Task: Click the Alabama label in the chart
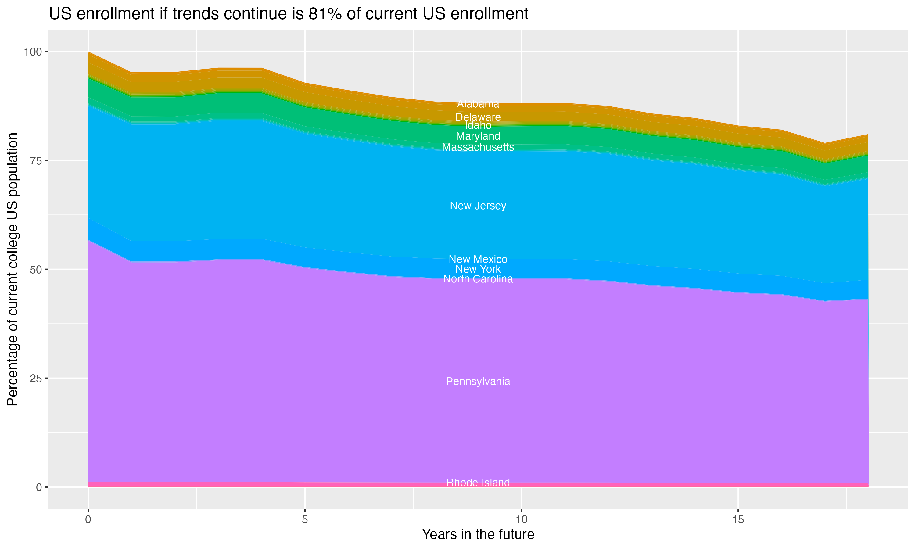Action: [478, 104]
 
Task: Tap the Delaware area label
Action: [478, 117]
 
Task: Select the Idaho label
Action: [478, 125]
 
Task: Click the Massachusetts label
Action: [478, 147]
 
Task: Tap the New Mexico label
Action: [478, 259]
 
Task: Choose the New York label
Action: [478, 269]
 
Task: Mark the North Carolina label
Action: [478, 279]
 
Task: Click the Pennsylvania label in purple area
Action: [478, 382]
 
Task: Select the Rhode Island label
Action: [478, 483]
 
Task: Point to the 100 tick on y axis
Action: [33, 52]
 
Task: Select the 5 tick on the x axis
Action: [305, 520]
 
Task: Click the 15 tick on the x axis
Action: [738, 520]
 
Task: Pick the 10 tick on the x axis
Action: [521, 520]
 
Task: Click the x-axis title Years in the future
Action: [478, 535]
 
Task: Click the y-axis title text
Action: [13, 269]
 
